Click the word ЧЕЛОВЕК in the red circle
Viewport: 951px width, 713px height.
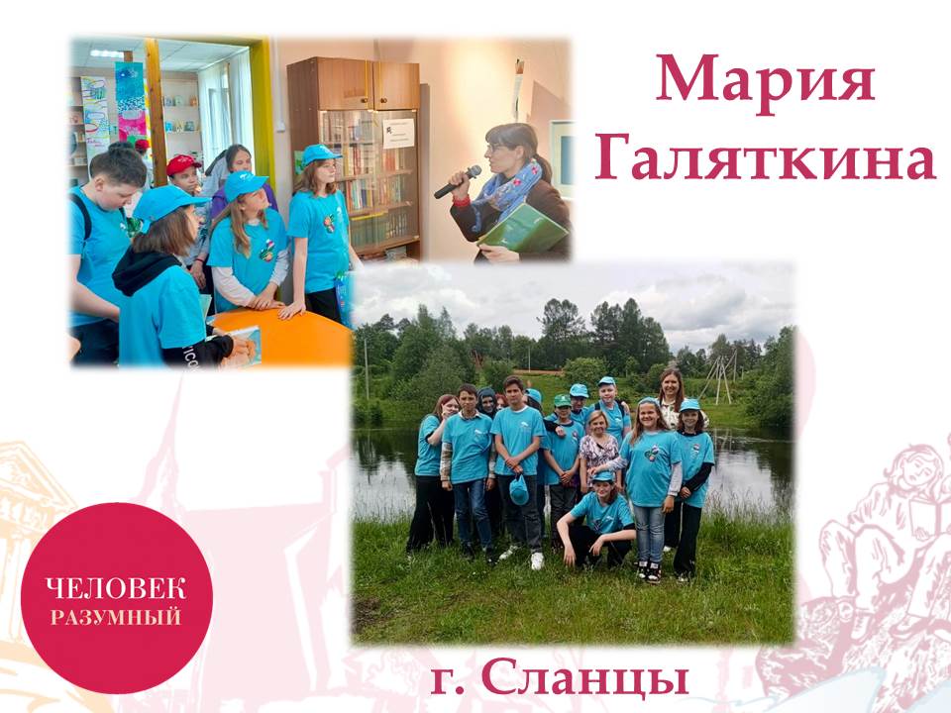coord(117,588)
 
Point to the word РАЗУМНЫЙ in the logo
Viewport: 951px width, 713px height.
coord(116,617)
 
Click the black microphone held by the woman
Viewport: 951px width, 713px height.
coord(458,181)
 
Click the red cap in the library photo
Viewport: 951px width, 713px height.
coord(182,163)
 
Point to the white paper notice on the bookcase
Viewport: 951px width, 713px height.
coord(398,134)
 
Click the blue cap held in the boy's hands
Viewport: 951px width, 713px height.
coord(518,490)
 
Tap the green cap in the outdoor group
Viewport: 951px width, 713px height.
coord(563,400)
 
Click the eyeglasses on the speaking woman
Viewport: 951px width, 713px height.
coord(496,148)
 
